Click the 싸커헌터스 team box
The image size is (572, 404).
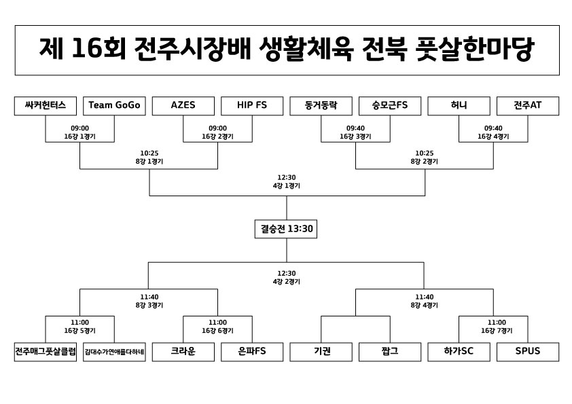(x=46, y=106)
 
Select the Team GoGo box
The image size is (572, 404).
(x=114, y=106)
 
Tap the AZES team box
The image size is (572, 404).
(x=183, y=106)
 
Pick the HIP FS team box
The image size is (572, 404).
(x=252, y=106)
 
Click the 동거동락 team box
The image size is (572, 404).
(x=321, y=106)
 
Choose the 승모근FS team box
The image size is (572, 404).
(x=390, y=106)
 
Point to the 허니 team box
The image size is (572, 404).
(x=459, y=106)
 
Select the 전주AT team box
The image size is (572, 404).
(x=528, y=106)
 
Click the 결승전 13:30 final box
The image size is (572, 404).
(x=287, y=229)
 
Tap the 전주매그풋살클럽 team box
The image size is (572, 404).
(x=46, y=352)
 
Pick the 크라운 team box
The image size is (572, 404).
(x=183, y=352)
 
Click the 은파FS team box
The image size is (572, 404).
(x=252, y=352)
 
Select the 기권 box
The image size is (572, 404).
(x=321, y=352)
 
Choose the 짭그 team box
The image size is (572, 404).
(x=390, y=352)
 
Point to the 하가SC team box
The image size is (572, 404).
(x=459, y=352)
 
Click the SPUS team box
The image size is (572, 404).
(x=528, y=352)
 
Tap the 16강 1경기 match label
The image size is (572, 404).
(x=80, y=136)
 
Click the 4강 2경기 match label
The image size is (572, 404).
(x=287, y=281)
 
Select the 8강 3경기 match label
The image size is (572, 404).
(x=149, y=306)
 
